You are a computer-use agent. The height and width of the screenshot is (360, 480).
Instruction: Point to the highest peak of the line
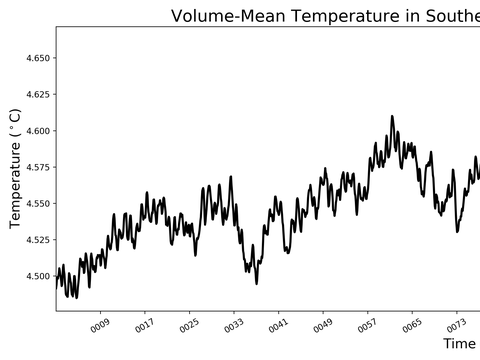coord(392,116)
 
